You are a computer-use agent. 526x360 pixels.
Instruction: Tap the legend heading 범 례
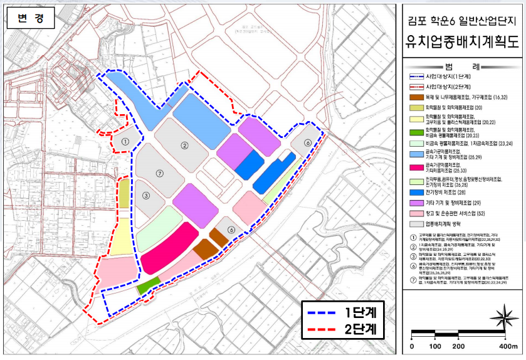(463, 66)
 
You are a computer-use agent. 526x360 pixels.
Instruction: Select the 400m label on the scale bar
(507, 346)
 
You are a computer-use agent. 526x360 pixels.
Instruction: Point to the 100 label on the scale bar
(435, 346)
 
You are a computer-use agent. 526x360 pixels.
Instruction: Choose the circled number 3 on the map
(145, 195)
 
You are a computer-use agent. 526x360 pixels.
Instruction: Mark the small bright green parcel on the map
(145, 287)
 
